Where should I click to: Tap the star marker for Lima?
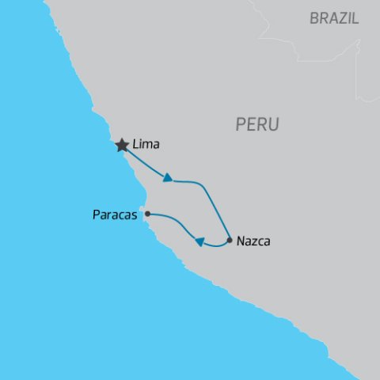point(122,146)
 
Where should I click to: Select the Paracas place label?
point(115,215)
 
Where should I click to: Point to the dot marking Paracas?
point(147,213)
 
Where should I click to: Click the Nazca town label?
point(253,241)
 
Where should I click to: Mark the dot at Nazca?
point(230,240)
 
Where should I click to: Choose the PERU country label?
point(257,124)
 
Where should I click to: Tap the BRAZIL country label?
point(333,18)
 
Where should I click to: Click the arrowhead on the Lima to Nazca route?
point(168,178)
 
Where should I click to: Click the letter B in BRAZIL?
point(314,18)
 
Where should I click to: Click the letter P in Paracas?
point(95,215)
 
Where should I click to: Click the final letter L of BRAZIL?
point(355,18)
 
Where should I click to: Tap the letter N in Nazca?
point(241,241)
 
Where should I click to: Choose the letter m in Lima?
point(150,146)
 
